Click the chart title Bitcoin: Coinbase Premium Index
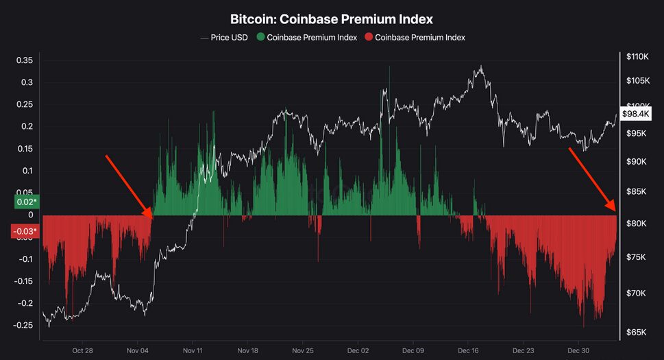[x=332, y=19]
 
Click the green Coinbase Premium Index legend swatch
[x=260, y=37]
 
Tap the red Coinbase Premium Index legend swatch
[x=369, y=37]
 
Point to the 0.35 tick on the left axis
[x=24, y=60]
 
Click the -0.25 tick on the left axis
[x=23, y=325]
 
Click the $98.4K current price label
[x=635, y=113]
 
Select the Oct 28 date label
[x=82, y=350]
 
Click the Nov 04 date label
[x=138, y=350]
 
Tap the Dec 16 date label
[x=469, y=350]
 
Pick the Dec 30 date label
[x=579, y=350]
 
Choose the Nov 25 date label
[x=303, y=350]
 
